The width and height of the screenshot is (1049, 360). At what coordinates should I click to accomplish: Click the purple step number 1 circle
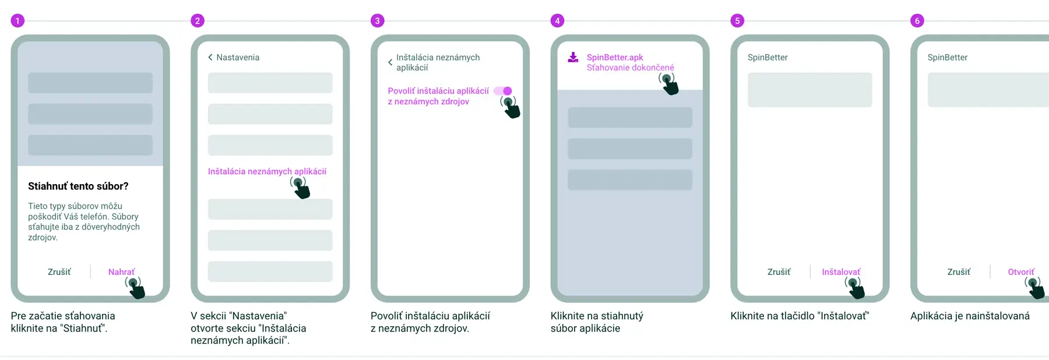[x=17, y=21]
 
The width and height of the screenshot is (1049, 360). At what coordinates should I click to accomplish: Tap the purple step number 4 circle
[x=557, y=21]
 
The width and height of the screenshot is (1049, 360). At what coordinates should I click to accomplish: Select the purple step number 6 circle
[x=917, y=21]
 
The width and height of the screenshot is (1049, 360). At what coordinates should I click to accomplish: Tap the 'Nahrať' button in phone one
[x=121, y=272]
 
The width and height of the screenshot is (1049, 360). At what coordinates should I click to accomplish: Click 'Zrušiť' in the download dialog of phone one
[x=59, y=272]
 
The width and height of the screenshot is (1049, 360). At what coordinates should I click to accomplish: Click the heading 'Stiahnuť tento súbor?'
[x=78, y=186]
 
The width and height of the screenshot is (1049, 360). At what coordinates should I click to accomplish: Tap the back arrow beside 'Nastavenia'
[x=210, y=57]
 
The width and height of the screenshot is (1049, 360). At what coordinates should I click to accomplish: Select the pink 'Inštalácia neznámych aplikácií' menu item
[x=267, y=171]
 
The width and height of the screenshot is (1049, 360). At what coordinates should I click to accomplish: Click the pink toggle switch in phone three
[x=503, y=91]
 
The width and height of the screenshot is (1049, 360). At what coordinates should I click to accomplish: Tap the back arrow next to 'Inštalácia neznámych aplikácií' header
[x=390, y=62]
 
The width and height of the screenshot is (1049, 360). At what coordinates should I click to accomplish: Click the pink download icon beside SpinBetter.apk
[x=573, y=57]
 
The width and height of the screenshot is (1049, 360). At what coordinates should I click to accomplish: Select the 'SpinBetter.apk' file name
[x=615, y=57]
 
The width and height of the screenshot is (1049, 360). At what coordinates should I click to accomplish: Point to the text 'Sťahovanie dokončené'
[x=630, y=68]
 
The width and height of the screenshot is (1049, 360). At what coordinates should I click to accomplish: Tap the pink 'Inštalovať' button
[x=841, y=272]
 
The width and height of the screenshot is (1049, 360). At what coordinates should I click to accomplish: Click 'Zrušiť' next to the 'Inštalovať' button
[x=779, y=272]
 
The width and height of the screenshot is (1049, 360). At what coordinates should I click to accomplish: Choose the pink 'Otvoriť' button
[x=1021, y=272]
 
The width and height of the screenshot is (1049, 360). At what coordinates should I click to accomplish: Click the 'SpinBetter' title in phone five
[x=768, y=57]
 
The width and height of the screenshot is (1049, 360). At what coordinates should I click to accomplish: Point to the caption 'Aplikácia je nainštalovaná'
[x=970, y=316]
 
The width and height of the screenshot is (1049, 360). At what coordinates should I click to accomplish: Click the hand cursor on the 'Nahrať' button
[x=135, y=288]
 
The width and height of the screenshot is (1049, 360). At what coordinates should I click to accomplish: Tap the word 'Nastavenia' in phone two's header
[x=238, y=57]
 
